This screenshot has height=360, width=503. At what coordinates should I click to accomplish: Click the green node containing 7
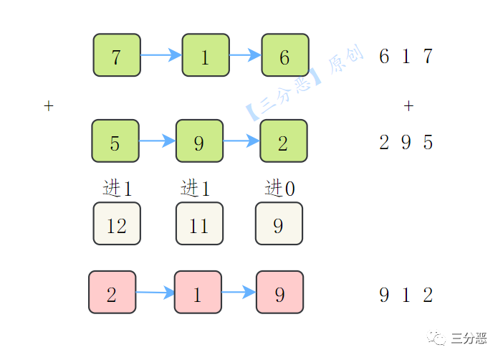point(117,55)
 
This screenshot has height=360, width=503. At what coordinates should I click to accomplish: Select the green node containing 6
point(284,55)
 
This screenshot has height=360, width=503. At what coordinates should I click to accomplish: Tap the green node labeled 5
point(115,141)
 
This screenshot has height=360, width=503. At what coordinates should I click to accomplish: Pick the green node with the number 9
point(199,141)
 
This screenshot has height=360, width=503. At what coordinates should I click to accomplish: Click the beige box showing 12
point(117,224)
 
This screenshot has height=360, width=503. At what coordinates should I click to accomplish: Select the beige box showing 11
point(199,224)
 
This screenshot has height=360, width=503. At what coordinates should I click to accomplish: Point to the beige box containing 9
point(279,224)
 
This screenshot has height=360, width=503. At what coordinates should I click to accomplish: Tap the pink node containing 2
point(112,292)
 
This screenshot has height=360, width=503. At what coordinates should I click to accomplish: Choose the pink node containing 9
point(279,292)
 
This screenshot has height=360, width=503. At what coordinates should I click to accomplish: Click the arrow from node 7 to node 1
point(161,55)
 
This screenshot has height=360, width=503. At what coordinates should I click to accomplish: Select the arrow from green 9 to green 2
point(241,141)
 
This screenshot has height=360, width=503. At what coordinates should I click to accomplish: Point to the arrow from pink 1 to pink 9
point(239,292)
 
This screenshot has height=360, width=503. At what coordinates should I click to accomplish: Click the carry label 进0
point(279,189)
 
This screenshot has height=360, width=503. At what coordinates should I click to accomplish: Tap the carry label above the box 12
point(118,189)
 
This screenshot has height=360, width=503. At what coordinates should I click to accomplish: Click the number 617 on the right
point(406,56)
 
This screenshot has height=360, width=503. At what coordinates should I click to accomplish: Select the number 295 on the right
point(406,142)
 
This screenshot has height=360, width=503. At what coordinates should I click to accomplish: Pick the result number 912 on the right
point(406,295)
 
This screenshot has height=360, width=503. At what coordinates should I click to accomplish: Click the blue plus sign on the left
point(49,106)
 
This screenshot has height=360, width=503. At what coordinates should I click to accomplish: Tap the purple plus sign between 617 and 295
point(408,106)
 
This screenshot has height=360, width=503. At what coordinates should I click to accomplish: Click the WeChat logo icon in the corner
point(436,336)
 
